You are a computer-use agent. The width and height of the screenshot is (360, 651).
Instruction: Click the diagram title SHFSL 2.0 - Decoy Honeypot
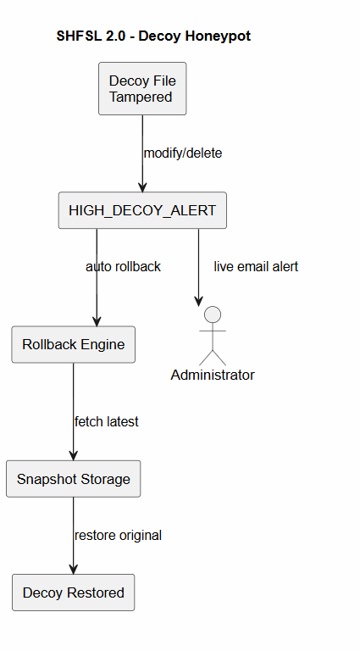point(153,36)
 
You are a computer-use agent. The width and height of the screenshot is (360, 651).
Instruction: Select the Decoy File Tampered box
point(141,89)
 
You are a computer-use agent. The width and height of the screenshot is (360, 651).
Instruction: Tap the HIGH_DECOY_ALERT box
point(142,210)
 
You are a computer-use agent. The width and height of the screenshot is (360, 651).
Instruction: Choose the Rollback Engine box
point(73,345)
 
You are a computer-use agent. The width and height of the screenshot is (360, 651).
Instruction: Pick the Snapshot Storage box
point(73,479)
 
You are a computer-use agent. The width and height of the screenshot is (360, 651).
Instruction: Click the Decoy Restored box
point(73,593)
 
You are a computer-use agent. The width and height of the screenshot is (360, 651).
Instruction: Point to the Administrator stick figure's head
point(213,315)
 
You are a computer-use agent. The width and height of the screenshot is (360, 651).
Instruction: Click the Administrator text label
point(213,375)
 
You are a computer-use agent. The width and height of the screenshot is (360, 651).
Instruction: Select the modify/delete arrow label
point(183,153)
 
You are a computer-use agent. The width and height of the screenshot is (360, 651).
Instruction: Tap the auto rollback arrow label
point(123,266)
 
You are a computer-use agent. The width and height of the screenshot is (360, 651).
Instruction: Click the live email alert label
point(256,266)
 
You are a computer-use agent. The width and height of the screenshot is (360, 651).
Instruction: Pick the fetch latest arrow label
point(106,421)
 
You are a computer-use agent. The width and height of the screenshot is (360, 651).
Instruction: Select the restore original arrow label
point(118,535)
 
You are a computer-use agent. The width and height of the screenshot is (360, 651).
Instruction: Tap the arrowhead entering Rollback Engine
point(97,321)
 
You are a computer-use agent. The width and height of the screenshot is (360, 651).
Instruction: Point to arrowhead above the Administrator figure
point(199,300)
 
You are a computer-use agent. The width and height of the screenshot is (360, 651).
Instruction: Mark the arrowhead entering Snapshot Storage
point(73,455)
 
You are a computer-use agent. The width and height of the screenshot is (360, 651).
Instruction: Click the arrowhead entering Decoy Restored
point(73,569)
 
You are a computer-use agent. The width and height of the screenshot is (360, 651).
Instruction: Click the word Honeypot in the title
point(215,36)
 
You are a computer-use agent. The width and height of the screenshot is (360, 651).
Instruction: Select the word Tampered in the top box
point(141,97)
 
